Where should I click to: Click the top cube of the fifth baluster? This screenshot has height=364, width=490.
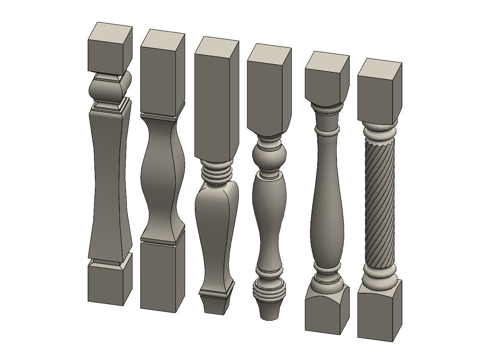tap(327, 78)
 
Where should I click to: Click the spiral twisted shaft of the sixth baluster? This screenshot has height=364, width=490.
tap(379, 201)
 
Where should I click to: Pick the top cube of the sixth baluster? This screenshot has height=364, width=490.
tap(379, 91)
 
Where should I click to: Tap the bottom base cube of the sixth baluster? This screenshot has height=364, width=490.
tap(379, 313)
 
